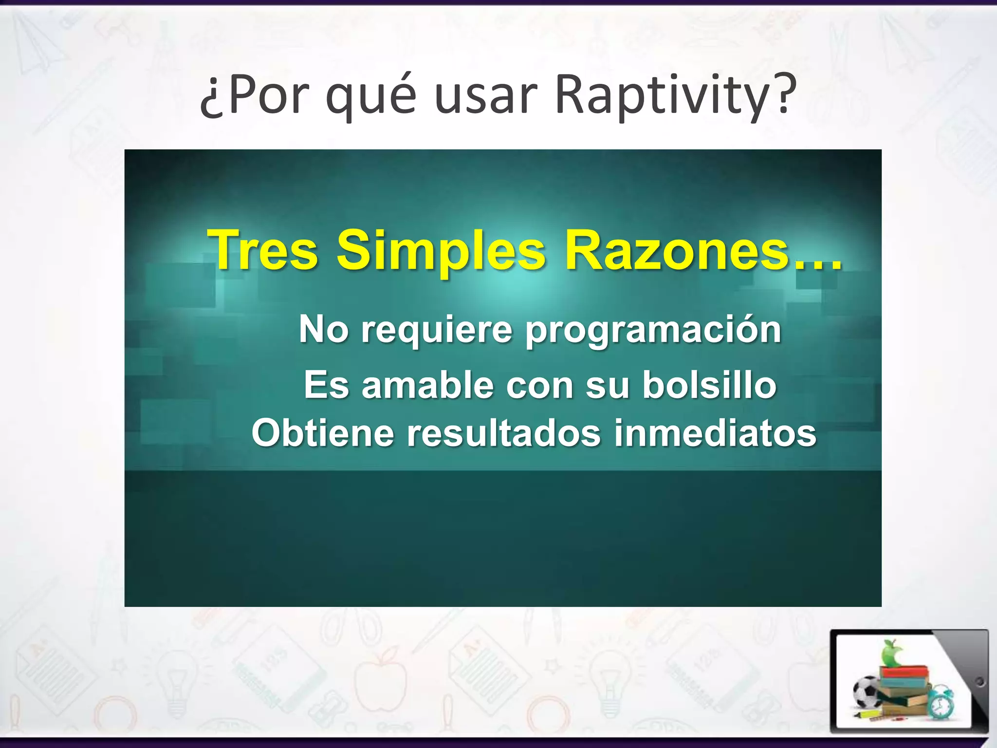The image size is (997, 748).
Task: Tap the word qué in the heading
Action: coord(370,96)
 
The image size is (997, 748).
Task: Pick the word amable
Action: coord(427,385)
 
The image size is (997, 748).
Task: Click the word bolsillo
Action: coord(709,385)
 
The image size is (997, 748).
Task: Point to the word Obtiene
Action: coord(322,433)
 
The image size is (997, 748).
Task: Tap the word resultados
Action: coord(504,433)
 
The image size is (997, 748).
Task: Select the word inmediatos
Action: coord(715,433)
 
